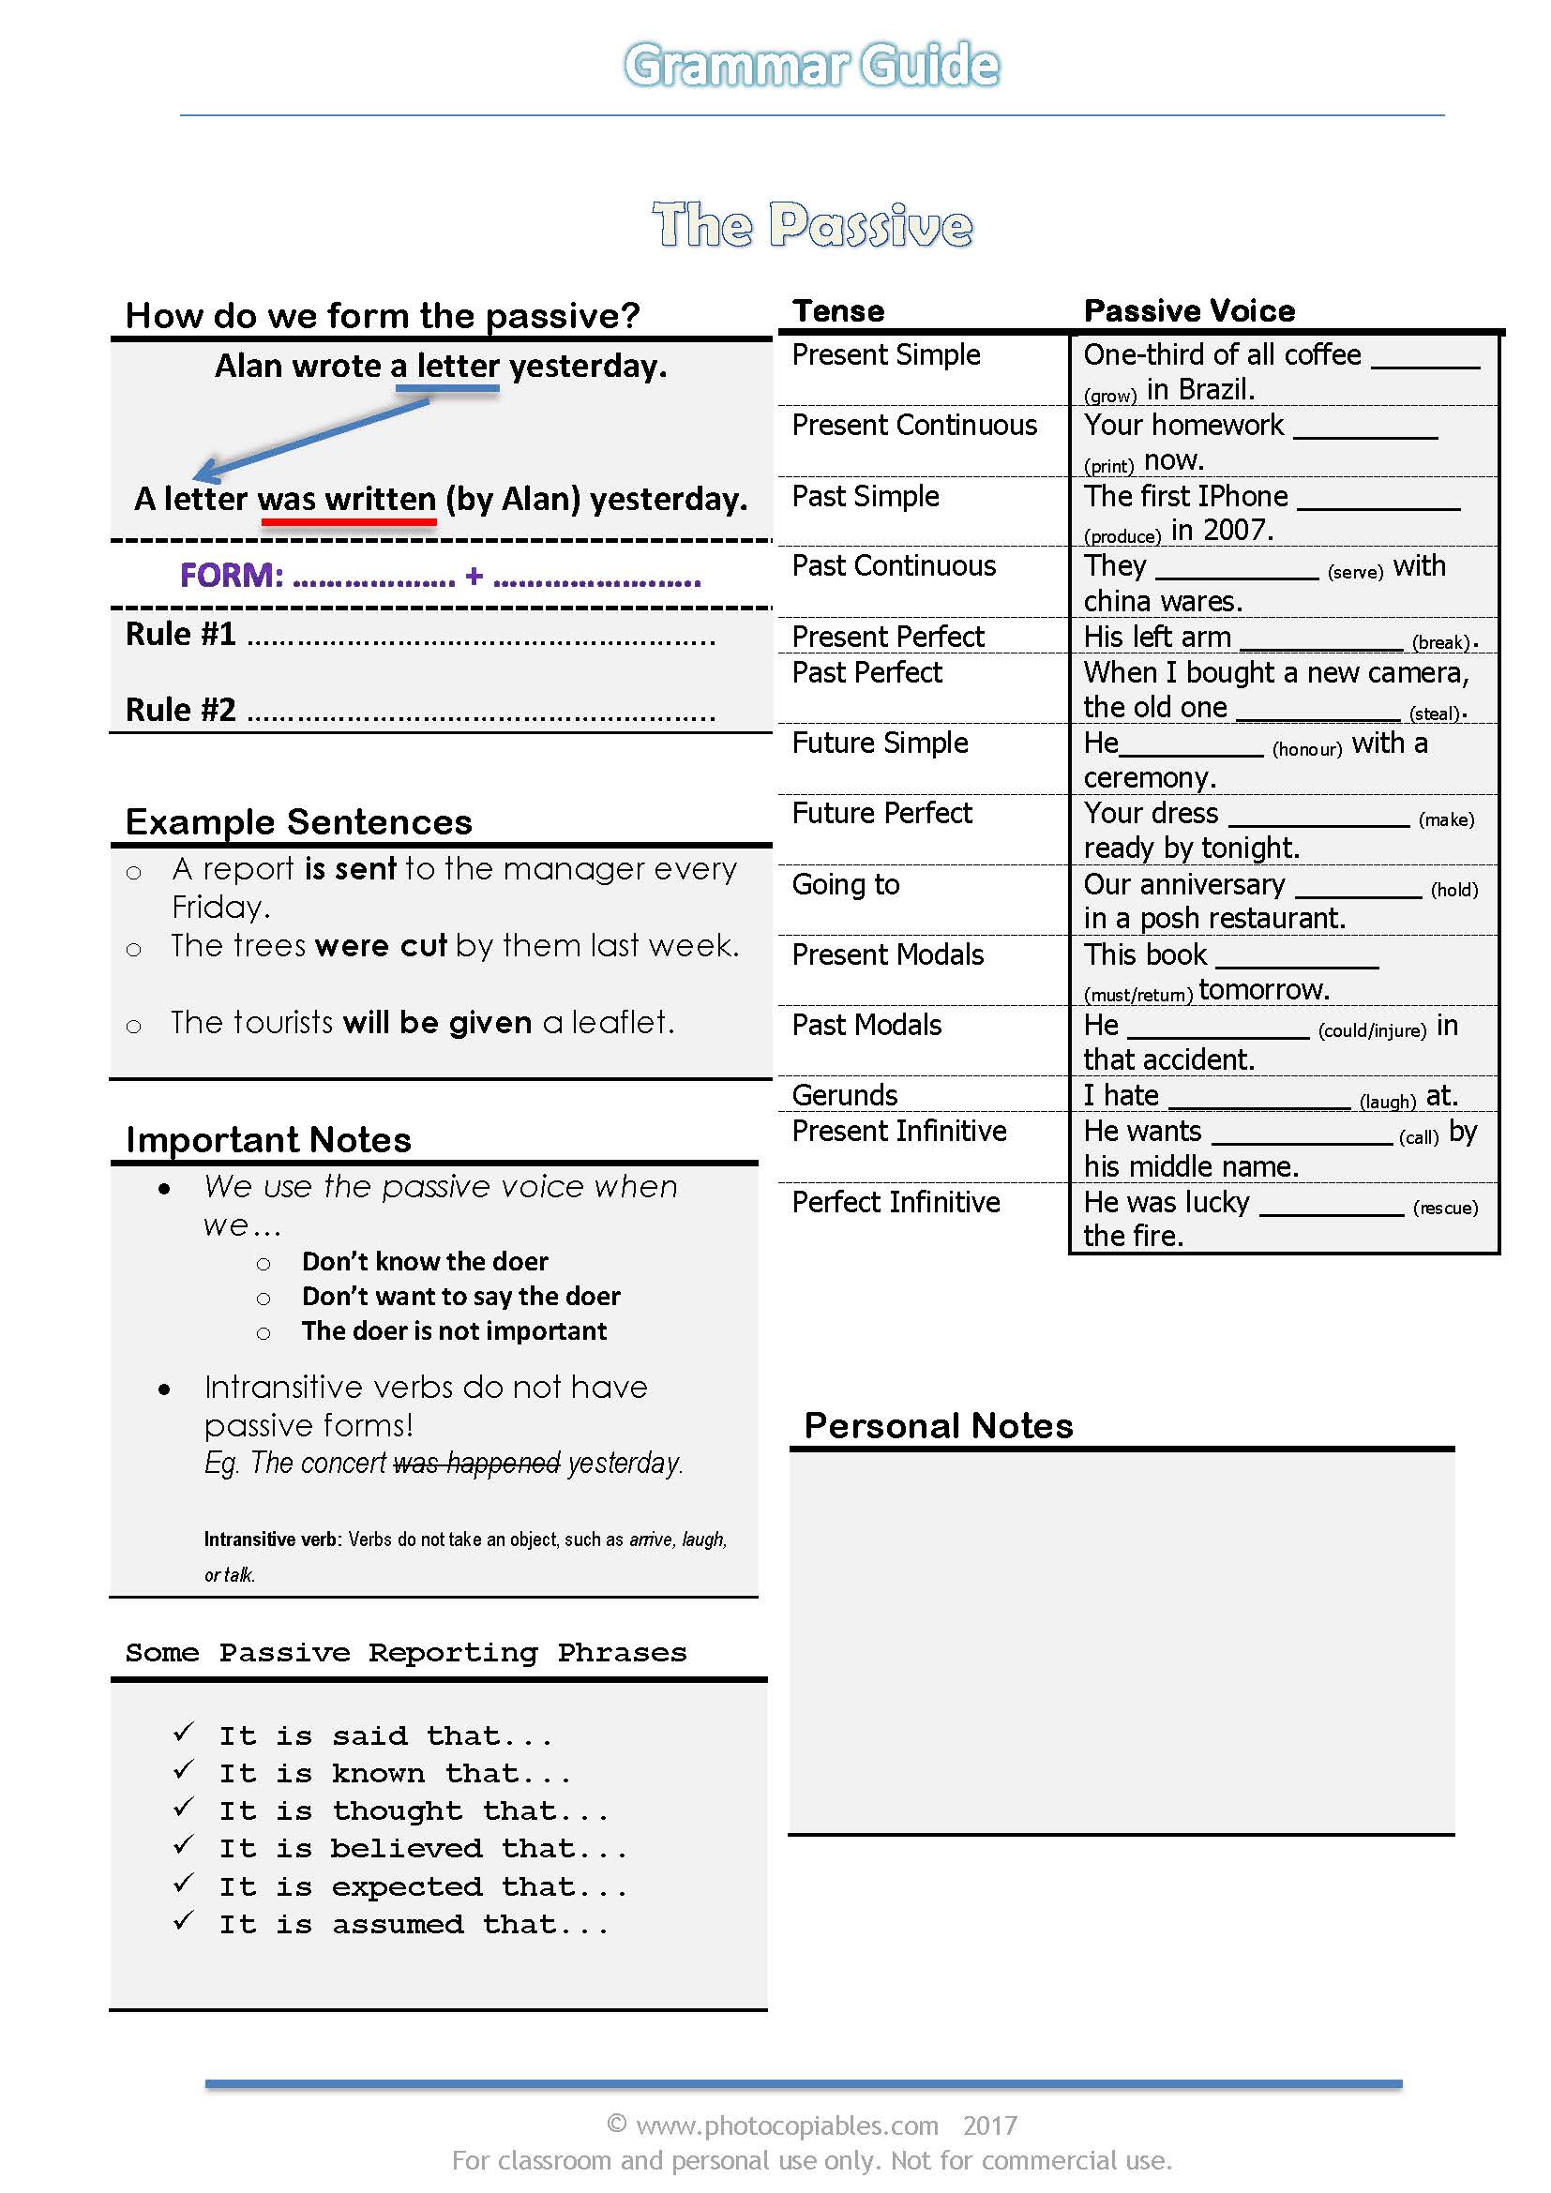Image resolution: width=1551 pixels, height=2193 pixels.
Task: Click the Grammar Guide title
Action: [x=811, y=65]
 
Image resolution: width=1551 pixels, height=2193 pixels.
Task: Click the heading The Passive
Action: [x=812, y=225]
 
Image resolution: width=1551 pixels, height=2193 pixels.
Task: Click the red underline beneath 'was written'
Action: [x=349, y=522]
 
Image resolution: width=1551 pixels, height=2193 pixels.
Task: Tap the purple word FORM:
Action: [x=232, y=576]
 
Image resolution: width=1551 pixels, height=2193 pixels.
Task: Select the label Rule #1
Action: [x=180, y=634]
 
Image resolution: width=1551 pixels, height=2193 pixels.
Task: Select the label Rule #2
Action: [x=180, y=710]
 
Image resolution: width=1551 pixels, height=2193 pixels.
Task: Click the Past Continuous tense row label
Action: [x=893, y=566]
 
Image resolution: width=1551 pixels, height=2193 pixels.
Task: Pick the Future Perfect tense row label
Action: [x=881, y=813]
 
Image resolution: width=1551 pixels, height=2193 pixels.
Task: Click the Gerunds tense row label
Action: [x=844, y=1094]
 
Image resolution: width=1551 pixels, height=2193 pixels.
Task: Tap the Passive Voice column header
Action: [x=1189, y=310]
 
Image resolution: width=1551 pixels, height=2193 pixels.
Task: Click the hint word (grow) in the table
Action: [x=1108, y=396]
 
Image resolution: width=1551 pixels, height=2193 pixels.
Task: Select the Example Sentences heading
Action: [x=299, y=822]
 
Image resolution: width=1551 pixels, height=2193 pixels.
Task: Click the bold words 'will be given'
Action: [x=436, y=1023]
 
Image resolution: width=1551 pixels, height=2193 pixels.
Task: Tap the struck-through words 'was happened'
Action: [x=476, y=1463]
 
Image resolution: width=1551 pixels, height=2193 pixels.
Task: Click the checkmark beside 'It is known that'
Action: [x=184, y=1770]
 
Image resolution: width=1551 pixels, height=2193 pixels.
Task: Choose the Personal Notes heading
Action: [x=938, y=1426]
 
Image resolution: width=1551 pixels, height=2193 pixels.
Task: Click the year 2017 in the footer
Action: [x=989, y=2125]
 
